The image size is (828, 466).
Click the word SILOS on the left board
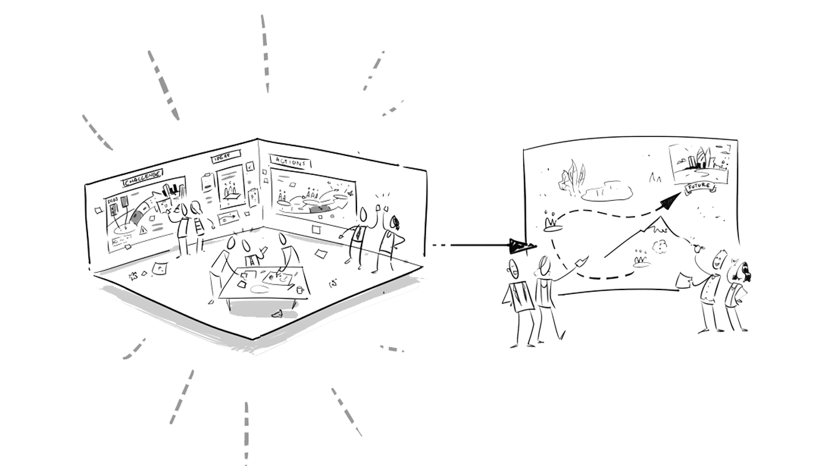[113, 199]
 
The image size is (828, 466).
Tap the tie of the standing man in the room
[361, 234]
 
